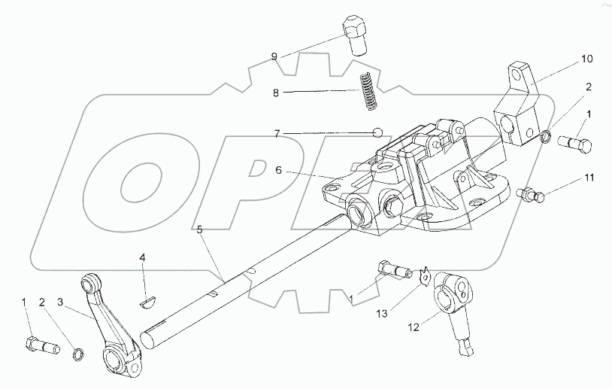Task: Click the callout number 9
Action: [275, 56]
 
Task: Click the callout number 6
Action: [278, 171]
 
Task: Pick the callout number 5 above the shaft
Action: [200, 229]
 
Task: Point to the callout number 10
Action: [586, 58]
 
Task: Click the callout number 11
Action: [590, 178]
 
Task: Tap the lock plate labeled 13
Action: [425, 275]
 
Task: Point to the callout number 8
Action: [275, 93]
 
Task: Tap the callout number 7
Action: [277, 133]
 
